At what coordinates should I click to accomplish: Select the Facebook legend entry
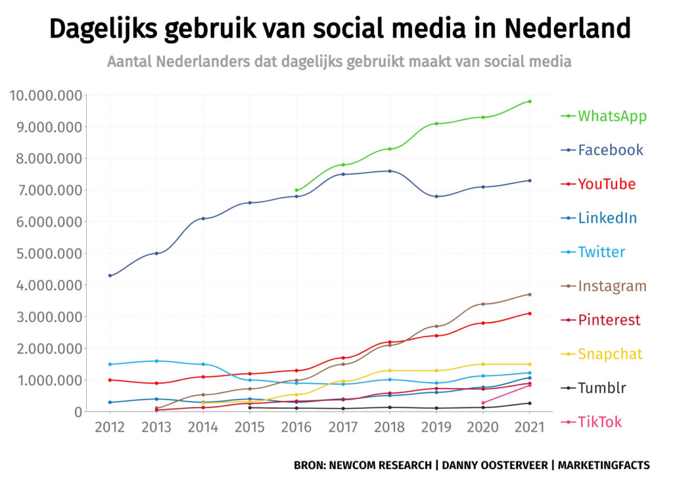point(610,150)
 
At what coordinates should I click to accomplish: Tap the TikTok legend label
point(599,422)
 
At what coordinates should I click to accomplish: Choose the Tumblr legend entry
point(602,388)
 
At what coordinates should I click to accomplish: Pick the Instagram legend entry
point(612,287)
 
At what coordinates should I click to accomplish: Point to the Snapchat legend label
point(610,354)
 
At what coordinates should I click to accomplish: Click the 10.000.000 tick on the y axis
point(45,96)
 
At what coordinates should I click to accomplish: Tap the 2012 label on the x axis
point(109,428)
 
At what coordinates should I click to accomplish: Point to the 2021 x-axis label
point(530,428)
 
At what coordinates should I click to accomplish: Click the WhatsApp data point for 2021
point(530,101)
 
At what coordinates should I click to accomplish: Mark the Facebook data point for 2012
point(109,275)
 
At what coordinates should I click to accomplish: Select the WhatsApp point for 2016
point(296,191)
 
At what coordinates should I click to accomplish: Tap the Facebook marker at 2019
point(436,197)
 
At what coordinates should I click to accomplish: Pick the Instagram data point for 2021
point(530,294)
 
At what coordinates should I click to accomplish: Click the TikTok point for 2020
point(483,403)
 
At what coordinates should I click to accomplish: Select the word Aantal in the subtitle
point(129,62)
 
